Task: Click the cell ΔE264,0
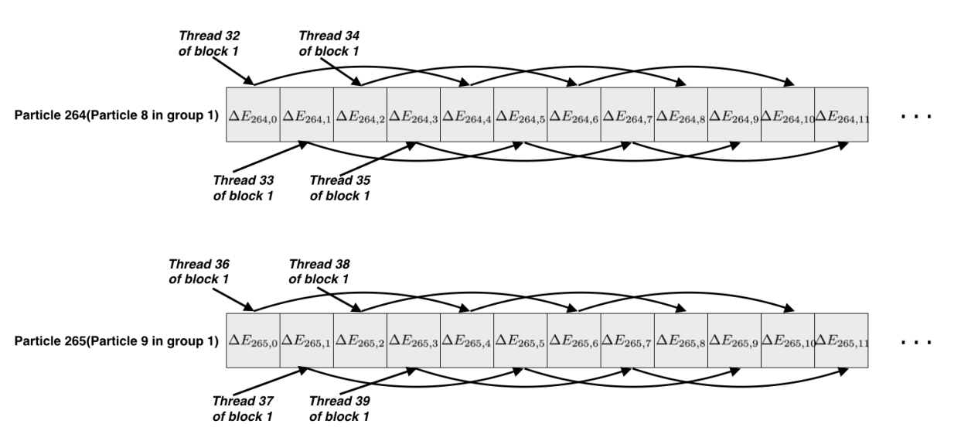point(254,115)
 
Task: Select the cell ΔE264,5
point(520,115)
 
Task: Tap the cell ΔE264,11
point(841,115)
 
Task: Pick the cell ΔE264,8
point(681,115)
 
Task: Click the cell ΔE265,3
point(414,340)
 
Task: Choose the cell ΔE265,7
point(628,340)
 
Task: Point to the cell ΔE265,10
point(788,340)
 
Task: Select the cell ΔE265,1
point(307,340)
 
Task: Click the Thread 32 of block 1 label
point(209,43)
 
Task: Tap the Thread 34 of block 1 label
point(329,43)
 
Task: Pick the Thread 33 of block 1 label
point(244,188)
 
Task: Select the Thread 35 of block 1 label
point(340,188)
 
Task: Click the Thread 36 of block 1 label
point(199,272)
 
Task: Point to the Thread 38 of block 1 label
point(319,272)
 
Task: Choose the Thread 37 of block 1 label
point(243,409)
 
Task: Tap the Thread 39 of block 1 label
point(339,409)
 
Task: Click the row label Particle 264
point(116,115)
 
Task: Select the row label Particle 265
point(116,341)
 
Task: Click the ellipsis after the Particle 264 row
point(916,117)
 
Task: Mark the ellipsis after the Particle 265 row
point(916,343)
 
